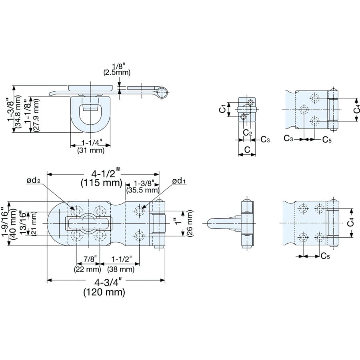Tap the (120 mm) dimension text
pyautogui.click(x=104, y=292)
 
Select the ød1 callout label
pyautogui.click(x=179, y=181)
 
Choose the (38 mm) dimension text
pyautogui.click(x=121, y=269)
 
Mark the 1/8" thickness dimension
pyautogui.click(x=120, y=66)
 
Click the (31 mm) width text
pyautogui.click(x=91, y=150)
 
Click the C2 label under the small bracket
pyautogui.click(x=248, y=132)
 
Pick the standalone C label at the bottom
pyautogui.click(x=247, y=150)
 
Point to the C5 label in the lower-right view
pyautogui.click(x=325, y=256)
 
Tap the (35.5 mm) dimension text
pyautogui.click(x=142, y=190)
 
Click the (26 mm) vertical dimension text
pyautogui.click(x=190, y=223)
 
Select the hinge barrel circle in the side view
pyautogui.click(x=162, y=92)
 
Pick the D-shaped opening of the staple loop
pyautogui.click(x=91, y=116)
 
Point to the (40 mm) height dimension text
pyautogui.click(x=13, y=224)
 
